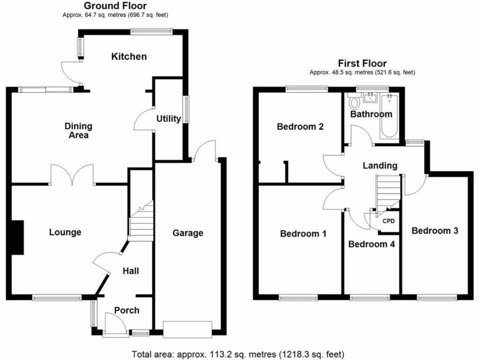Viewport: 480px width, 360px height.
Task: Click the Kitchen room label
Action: coord(129,57)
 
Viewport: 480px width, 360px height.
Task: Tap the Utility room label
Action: coord(168,119)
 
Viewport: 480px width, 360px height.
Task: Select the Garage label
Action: coord(188,233)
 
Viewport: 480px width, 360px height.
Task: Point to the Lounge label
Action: coord(65,232)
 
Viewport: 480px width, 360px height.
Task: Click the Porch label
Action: coord(127,310)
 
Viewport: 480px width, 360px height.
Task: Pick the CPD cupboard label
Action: coord(389,221)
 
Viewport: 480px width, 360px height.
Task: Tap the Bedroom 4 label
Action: coord(372,244)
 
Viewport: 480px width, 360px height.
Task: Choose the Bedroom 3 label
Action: coord(435,231)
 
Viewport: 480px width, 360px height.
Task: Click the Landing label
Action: coord(380,165)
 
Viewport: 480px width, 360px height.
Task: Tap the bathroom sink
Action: coord(370,97)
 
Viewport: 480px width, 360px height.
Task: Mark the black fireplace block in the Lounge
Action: coord(17,238)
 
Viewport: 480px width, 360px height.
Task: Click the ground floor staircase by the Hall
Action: coord(142,223)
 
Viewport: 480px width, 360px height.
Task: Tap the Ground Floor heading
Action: coord(115,6)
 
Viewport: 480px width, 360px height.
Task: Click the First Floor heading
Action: coord(362,64)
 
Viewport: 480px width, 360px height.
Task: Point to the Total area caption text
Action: coord(238,353)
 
